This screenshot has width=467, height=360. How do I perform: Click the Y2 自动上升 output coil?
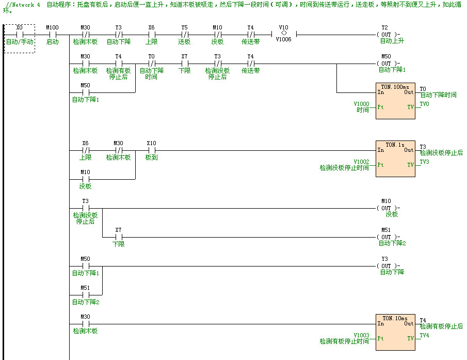(x=385, y=35)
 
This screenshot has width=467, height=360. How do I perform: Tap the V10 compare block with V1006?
(x=283, y=35)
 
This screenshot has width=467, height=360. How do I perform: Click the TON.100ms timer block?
(x=395, y=101)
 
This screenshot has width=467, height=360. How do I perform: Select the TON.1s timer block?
(x=395, y=159)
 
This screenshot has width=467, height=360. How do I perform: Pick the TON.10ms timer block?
(x=395, y=332)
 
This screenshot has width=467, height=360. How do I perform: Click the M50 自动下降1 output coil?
(x=385, y=64)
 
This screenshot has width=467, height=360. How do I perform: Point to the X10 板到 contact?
(x=151, y=151)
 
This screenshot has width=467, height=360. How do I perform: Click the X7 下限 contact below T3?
(x=118, y=238)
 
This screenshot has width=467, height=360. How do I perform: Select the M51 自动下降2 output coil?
(x=385, y=238)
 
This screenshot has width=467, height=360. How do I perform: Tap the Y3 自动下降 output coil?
(x=385, y=267)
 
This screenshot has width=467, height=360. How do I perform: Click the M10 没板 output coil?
(x=385, y=209)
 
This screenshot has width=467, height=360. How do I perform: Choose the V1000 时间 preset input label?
(x=362, y=107)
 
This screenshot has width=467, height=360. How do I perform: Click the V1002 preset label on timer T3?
(x=361, y=162)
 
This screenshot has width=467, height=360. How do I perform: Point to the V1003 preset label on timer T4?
(x=361, y=335)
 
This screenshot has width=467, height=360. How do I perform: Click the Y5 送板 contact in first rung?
(x=184, y=35)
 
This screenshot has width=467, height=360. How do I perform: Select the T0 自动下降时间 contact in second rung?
(x=151, y=64)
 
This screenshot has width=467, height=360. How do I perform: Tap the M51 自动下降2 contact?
(x=85, y=295)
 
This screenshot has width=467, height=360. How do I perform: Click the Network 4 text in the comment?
(x=24, y=4)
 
